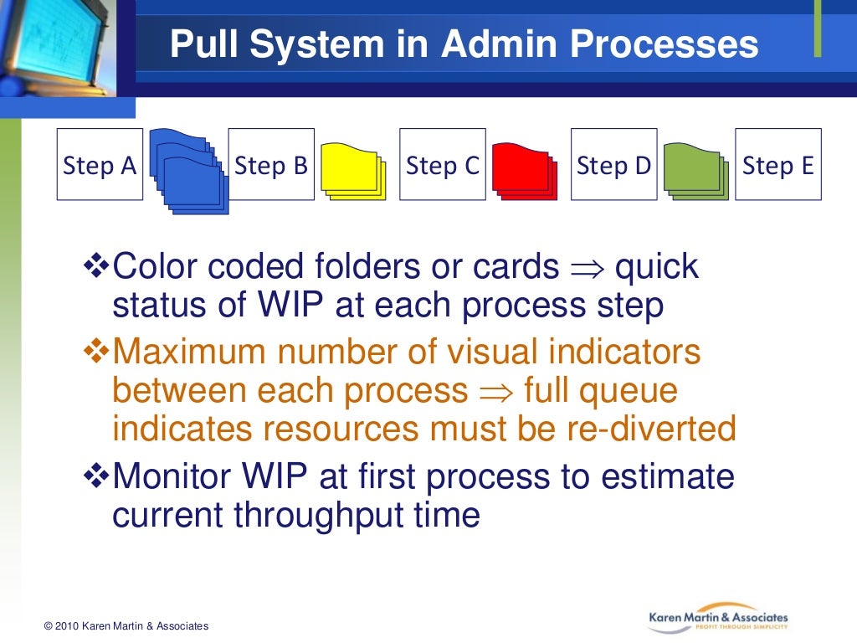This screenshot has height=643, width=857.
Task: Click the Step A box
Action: pyautogui.click(x=100, y=165)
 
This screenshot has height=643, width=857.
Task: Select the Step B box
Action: pyautogui.click(x=271, y=165)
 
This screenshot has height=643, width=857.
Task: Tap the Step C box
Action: pyautogui.click(x=443, y=165)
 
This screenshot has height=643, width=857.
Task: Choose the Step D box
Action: pyautogui.click(x=613, y=165)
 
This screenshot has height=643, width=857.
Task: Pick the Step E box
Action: pyautogui.click(x=778, y=165)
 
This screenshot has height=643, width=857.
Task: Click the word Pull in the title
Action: pyautogui.click(x=198, y=44)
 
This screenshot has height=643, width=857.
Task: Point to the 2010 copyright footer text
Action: pyautogui.click(x=126, y=626)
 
